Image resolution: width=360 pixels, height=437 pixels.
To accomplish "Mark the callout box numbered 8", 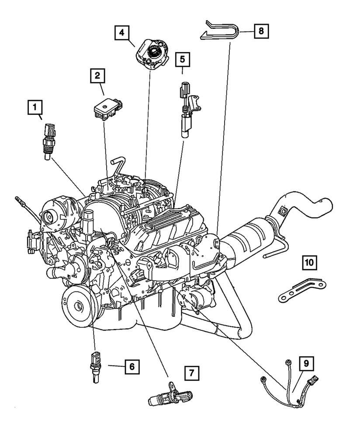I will (x=261, y=31).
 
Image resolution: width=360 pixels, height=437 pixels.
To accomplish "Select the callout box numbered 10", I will (x=309, y=263).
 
